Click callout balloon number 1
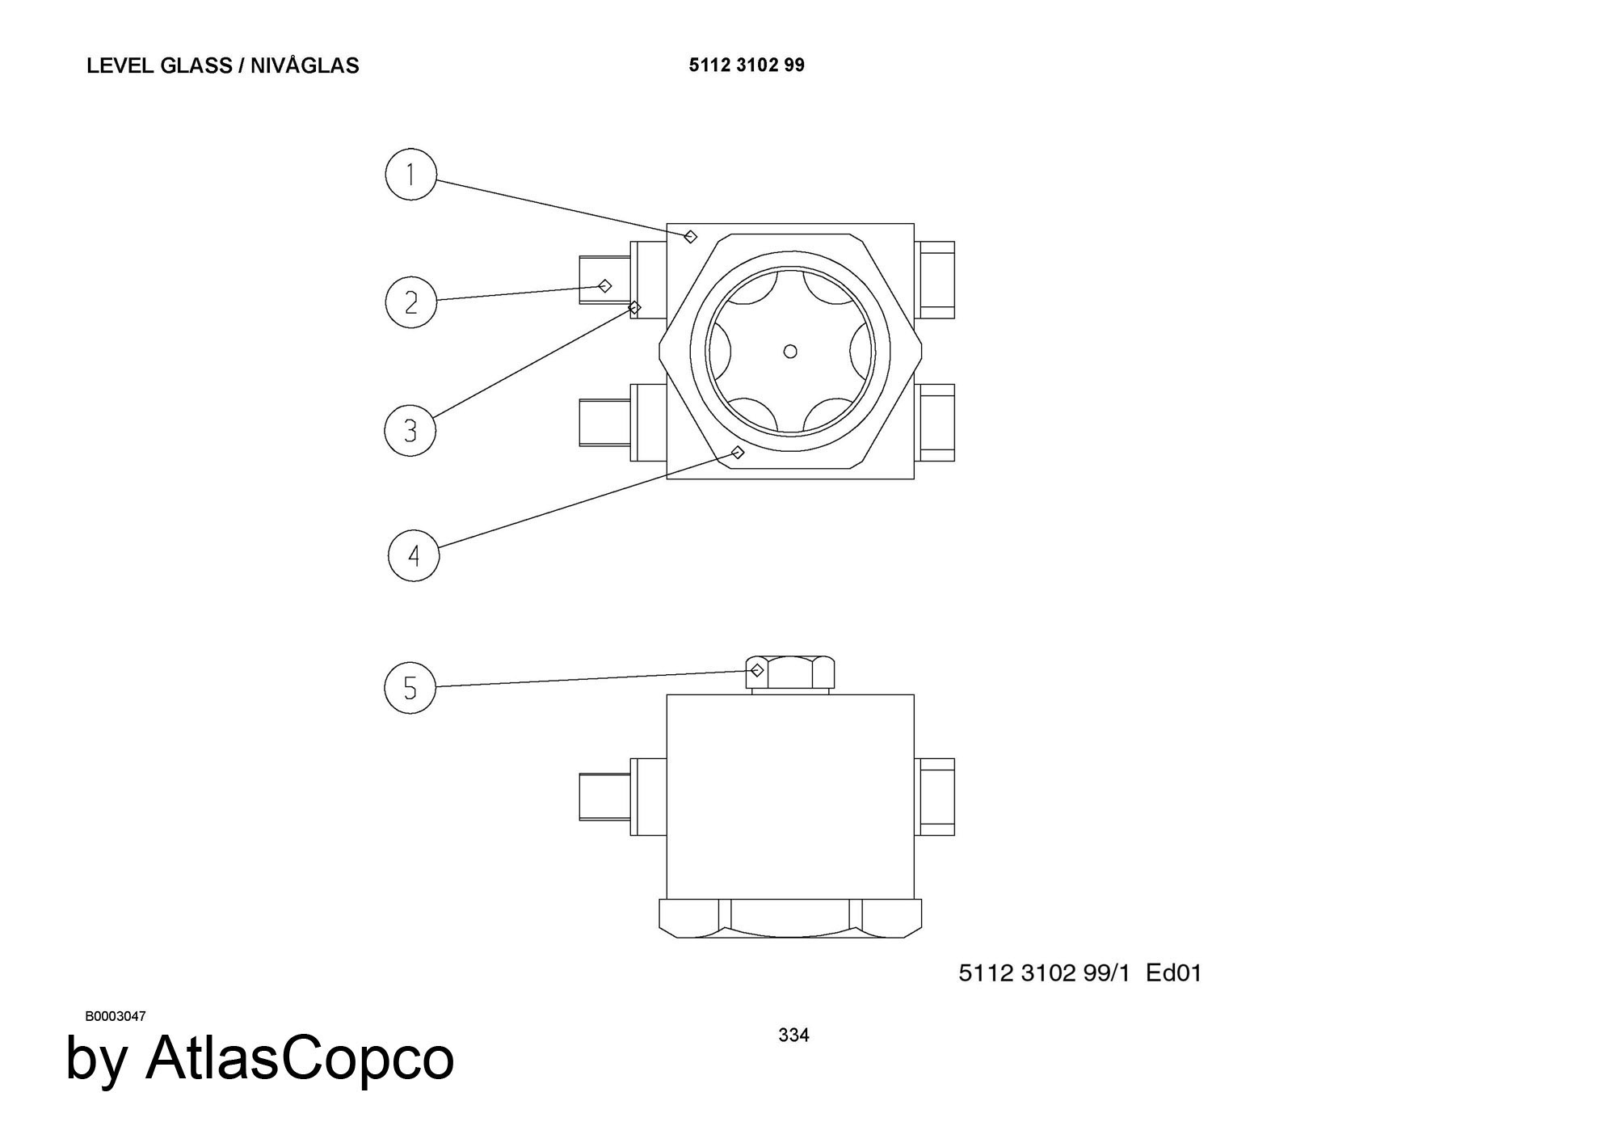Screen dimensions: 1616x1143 point(410,174)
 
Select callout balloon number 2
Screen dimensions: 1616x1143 point(410,302)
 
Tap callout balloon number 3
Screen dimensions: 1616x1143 point(410,430)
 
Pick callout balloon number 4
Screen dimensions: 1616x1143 point(414,555)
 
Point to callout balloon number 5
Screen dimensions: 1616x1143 point(410,688)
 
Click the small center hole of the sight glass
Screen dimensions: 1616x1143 point(790,351)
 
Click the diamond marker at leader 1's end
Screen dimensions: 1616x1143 point(690,236)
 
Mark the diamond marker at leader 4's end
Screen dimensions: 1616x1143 point(737,453)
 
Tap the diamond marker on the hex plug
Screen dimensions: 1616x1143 point(757,670)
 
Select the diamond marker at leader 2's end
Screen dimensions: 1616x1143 point(605,285)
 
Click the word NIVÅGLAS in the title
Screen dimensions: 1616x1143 point(305,65)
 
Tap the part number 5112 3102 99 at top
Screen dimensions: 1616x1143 point(747,65)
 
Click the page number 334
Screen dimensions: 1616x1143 point(793,1035)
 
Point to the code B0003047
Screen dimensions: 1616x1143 point(116,1016)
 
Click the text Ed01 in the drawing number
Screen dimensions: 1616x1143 point(1174,972)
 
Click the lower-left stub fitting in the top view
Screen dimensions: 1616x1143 point(623,422)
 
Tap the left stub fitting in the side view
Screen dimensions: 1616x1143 point(623,796)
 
